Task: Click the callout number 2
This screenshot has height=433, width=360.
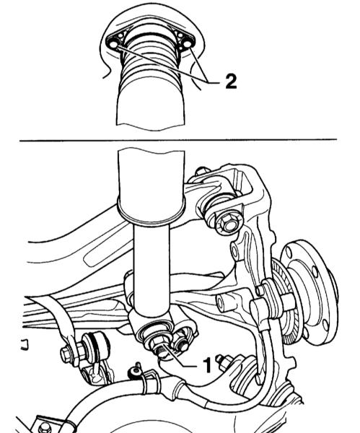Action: click(231, 82)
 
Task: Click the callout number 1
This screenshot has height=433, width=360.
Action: click(207, 364)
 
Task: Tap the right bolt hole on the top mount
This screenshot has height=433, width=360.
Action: click(187, 44)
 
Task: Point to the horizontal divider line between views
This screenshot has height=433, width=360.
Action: click(178, 140)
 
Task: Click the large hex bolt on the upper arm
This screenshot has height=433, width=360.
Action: click(228, 224)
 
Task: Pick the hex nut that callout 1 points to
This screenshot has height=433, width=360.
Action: click(157, 344)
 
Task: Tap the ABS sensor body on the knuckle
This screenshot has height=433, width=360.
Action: click(263, 307)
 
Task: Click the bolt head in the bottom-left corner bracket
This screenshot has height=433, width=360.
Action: click(43, 428)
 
